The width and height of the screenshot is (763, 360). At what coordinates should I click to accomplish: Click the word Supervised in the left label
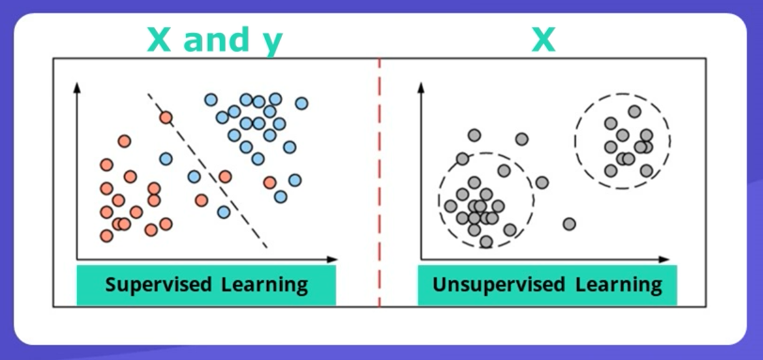click(x=159, y=285)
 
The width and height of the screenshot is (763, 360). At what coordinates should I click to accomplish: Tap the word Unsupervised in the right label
click(x=499, y=285)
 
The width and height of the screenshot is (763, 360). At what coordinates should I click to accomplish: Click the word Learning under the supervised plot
click(x=264, y=285)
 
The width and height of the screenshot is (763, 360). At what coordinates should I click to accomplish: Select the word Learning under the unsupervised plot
click(x=618, y=285)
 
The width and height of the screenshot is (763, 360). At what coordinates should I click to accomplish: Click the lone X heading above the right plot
click(x=543, y=40)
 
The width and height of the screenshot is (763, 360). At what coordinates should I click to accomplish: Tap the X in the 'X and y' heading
click(x=159, y=40)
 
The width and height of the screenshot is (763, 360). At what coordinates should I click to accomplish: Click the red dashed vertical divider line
click(x=379, y=182)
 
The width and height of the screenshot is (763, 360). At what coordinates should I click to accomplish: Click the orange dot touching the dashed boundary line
click(x=166, y=117)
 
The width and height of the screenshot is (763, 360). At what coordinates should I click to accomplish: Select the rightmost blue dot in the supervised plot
click(x=302, y=103)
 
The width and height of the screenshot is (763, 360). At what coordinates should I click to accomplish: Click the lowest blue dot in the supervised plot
click(x=224, y=212)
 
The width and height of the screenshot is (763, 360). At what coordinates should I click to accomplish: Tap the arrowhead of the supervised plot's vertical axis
click(x=76, y=87)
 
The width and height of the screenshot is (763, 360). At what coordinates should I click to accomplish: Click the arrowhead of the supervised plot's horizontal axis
click(x=333, y=259)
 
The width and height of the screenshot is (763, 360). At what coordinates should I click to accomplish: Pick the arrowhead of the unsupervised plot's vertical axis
click(x=421, y=87)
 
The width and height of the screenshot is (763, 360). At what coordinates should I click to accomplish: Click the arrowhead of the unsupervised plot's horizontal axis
click(x=664, y=259)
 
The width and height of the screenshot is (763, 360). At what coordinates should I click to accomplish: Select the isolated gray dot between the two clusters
click(x=569, y=224)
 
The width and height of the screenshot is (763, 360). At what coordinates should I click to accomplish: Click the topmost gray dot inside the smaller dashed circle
click(x=634, y=112)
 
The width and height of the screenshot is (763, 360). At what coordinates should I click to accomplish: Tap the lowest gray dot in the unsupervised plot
click(x=486, y=242)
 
